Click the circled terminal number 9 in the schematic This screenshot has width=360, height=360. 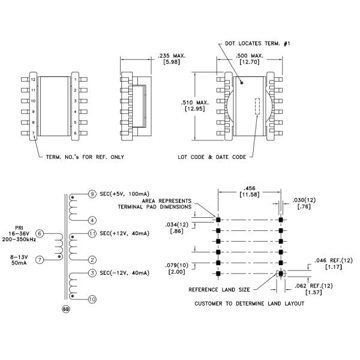tap(92, 194)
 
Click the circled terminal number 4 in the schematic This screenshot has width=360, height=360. tap(92, 220)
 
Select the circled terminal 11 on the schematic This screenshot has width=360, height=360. tap(92, 233)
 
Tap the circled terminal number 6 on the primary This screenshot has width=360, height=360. tap(40, 233)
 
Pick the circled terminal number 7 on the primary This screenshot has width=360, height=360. tap(40, 260)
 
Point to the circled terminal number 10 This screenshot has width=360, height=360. tap(92, 299)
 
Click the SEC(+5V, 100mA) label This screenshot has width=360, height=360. tap(124, 194)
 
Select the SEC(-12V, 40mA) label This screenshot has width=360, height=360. tap(125, 273)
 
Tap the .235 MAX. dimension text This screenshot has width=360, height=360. tap(172, 56)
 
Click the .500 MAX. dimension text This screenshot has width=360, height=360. tap(248, 56)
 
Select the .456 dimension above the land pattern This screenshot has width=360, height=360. tap(248, 188)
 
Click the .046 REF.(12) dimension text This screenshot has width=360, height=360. tap(329, 260)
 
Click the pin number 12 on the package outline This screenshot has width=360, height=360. tap(34, 79)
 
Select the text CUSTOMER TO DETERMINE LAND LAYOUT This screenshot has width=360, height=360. tap(249, 304)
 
